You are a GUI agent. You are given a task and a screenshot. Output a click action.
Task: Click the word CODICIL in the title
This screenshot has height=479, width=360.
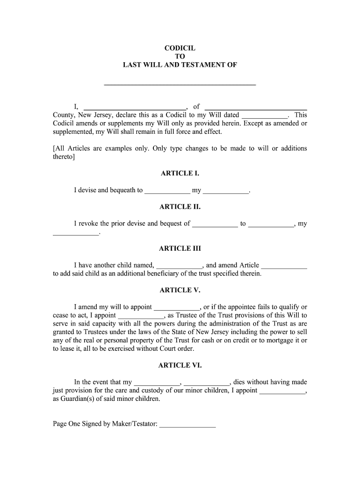[x=180, y=48]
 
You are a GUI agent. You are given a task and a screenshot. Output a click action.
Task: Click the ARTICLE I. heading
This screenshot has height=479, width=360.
[x=180, y=174]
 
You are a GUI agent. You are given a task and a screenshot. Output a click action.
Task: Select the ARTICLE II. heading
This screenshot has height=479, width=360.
[x=180, y=207]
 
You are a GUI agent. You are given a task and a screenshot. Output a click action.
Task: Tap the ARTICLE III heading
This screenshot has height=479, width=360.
[x=180, y=248]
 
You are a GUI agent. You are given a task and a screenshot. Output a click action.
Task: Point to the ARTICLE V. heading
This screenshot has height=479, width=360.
[x=180, y=290]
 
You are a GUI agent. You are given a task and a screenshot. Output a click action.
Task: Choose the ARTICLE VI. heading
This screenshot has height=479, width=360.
[x=180, y=365]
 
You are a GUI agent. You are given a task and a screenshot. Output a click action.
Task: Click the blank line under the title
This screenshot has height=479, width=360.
[x=180, y=85]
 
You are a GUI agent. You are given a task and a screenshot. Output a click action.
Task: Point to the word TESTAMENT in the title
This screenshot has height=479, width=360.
[x=201, y=65]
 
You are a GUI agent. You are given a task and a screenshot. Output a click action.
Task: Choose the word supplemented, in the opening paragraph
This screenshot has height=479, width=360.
[x=73, y=132]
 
